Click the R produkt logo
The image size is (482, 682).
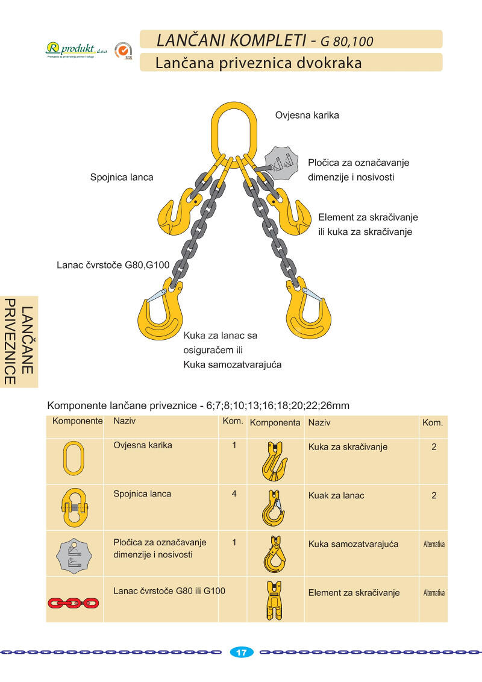click(70, 49)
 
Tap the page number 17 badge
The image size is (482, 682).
click(242, 652)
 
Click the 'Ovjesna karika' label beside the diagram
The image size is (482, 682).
click(307, 115)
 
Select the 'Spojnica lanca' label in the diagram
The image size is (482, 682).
click(122, 177)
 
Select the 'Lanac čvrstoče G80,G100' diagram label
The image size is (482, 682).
click(113, 264)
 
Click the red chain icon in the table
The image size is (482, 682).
click(73, 602)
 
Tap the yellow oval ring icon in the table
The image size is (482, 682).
click(74, 458)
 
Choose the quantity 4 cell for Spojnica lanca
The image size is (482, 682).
click(233, 494)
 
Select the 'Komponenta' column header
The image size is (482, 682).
click(275, 423)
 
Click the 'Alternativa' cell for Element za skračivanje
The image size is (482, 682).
click(434, 593)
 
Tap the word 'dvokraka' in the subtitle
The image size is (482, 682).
click(325, 63)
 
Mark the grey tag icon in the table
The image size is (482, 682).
click(74, 554)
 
